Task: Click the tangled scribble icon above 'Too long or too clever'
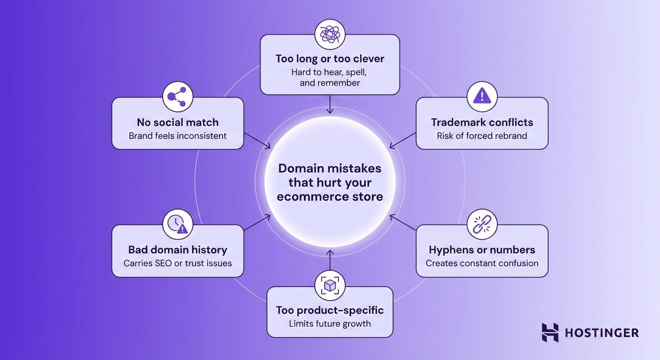click(330, 34)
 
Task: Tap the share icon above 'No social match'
click(177, 97)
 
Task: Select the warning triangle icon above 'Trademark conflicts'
click(482, 97)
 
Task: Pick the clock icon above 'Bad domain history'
click(177, 224)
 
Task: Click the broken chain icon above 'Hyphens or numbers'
click(482, 224)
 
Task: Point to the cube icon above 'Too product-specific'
click(330, 285)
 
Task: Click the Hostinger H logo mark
click(550, 332)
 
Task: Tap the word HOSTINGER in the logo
click(602, 333)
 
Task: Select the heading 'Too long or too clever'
click(330, 59)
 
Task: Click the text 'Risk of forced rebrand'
click(482, 136)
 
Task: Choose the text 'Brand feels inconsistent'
click(178, 136)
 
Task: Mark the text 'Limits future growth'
click(330, 323)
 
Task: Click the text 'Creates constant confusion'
click(482, 263)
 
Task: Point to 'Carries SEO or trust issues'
click(178, 263)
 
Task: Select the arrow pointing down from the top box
click(330, 104)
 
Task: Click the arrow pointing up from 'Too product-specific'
click(330, 261)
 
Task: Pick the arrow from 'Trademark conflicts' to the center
click(403, 140)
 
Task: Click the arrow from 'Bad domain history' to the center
click(257, 223)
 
